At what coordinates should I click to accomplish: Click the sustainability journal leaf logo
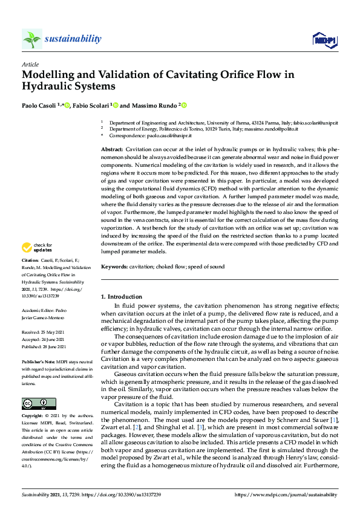(x=32, y=39)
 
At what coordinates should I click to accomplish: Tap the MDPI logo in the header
(x=325, y=40)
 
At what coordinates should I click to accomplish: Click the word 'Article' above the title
(x=30, y=64)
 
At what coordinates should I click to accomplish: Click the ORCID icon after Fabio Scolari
(x=115, y=106)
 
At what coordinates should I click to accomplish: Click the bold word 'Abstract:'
(x=112, y=149)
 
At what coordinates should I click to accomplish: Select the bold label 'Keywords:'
(x=114, y=267)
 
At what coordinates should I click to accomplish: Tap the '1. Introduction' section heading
(x=121, y=297)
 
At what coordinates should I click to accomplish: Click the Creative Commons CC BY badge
(x=34, y=403)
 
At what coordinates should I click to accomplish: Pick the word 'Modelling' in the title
(x=49, y=75)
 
